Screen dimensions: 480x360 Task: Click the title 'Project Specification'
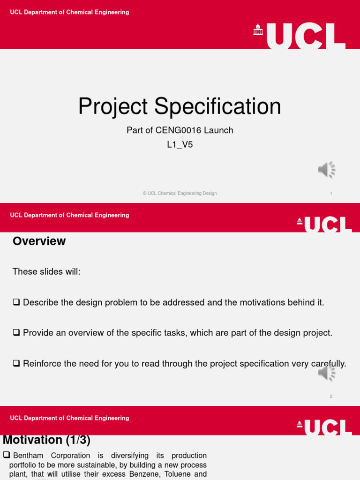click(180, 106)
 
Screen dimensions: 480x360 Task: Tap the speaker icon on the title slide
click(327, 170)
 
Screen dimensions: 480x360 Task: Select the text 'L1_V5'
click(180, 145)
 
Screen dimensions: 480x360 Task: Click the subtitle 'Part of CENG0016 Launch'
click(180, 130)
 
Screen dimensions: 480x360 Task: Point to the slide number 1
click(331, 194)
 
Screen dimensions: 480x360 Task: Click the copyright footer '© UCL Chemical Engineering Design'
click(180, 193)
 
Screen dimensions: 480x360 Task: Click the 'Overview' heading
click(39, 241)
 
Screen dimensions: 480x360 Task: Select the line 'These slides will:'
click(46, 272)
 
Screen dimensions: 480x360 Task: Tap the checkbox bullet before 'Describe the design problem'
click(16, 302)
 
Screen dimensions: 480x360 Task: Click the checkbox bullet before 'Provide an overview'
click(16, 333)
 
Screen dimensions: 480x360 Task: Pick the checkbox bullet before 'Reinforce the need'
click(16, 363)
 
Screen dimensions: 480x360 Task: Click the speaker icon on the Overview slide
click(327, 373)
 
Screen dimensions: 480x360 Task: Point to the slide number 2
click(331, 397)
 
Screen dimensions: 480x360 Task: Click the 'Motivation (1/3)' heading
click(46, 440)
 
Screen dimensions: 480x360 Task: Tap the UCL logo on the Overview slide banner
click(324, 224)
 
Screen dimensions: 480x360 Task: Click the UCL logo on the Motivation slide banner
click(324, 427)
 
